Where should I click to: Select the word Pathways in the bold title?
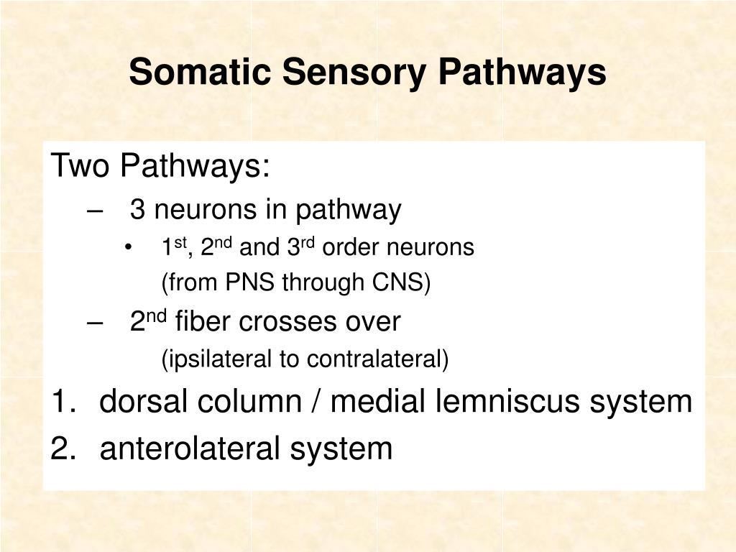[x=523, y=73]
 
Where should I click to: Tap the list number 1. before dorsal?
[x=65, y=402]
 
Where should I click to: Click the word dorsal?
[x=143, y=402]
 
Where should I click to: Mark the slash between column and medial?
[x=316, y=402]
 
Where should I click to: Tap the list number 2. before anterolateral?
[x=65, y=449]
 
